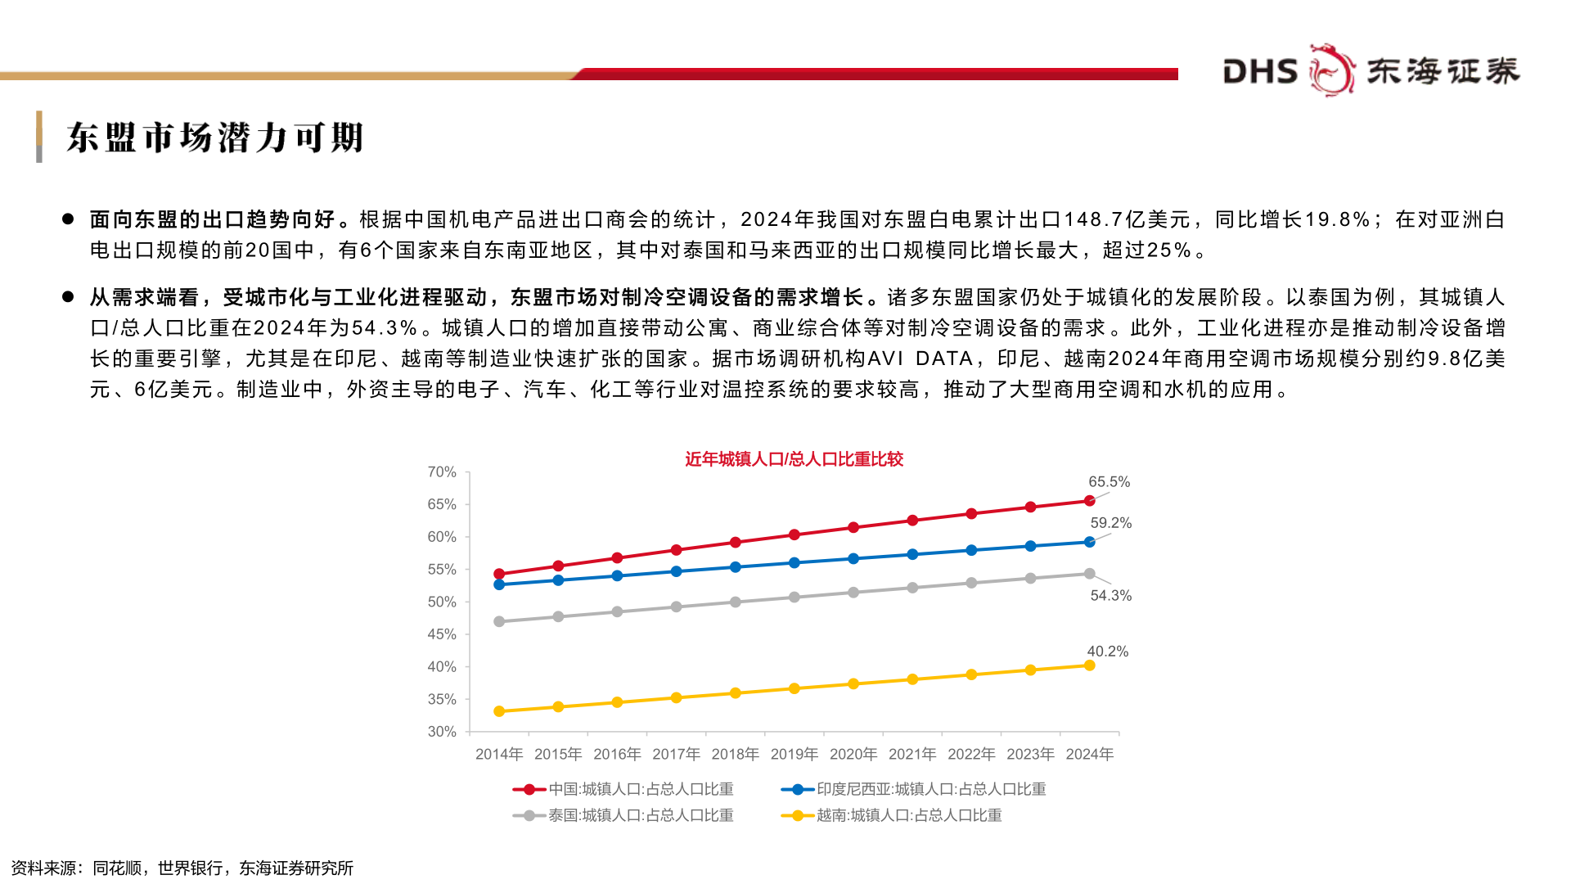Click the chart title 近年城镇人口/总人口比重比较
(794, 459)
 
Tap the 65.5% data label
(1109, 482)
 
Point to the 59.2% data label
(1110, 523)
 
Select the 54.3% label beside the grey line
(1110, 596)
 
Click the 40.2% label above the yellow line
(1107, 652)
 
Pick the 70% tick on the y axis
(442, 472)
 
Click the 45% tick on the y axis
(442, 634)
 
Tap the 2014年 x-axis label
(499, 754)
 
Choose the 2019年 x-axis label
(794, 754)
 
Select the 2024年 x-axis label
(1089, 754)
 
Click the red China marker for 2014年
(499, 574)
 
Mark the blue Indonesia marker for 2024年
(1089, 542)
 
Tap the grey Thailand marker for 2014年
(499, 621)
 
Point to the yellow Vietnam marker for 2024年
(1089, 665)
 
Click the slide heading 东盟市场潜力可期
(214, 138)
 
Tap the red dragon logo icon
(1331, 70)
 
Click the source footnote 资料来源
(182, 868)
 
